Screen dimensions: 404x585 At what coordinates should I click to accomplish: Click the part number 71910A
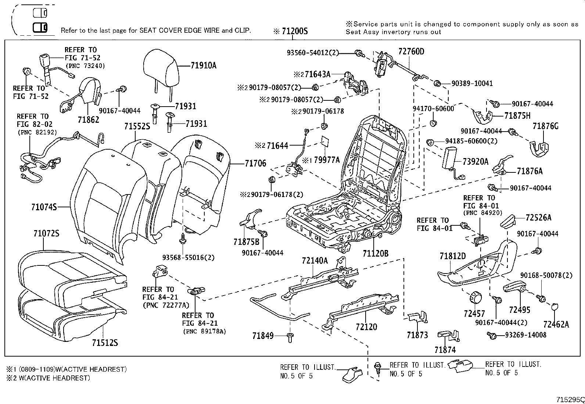[x=204, y=66]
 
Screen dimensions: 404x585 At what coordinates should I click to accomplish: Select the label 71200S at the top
[x=294, y=31]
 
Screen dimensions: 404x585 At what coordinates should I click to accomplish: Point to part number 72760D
[x=411, y=51]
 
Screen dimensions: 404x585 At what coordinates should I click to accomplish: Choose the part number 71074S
[x=44, y=207]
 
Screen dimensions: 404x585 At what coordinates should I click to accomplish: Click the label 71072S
[x=46, y=233]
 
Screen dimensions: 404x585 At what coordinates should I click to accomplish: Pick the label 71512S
[x=105, y=343]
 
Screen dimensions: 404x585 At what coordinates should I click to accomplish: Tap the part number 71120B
[x=375, y=253]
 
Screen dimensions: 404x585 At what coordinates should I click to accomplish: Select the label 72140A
[x=315, y=261]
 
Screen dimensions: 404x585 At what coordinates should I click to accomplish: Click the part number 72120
[x=366, y=327]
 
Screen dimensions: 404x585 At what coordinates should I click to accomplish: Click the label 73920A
[x=475, y=161]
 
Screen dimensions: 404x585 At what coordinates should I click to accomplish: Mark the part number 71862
[x=88, y=119]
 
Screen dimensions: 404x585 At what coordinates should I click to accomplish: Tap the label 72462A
[x=556, y=324]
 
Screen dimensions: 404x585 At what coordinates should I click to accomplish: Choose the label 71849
[x=263, y=335]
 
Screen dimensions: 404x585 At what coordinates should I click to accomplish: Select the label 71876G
[x=545, y=126]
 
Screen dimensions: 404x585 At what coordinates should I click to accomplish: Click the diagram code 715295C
[x=570, y=399]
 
